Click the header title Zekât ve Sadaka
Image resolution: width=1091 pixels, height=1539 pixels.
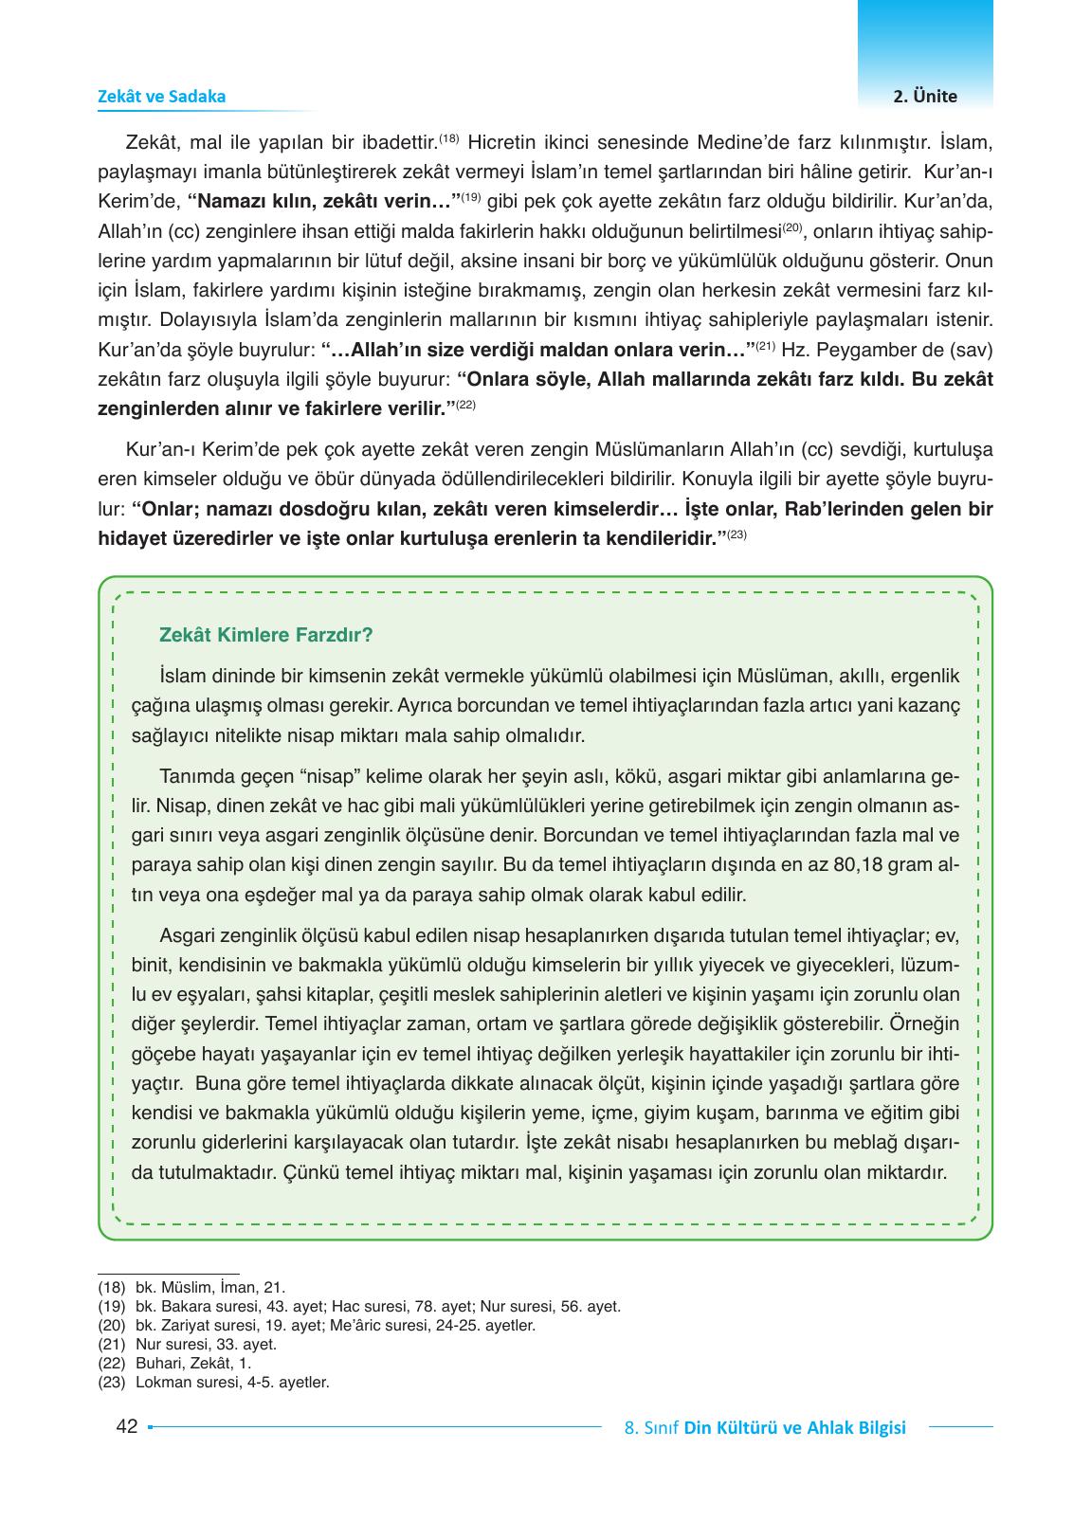tap(162, 97)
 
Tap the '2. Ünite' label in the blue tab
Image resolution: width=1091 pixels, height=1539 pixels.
tap(925, 97)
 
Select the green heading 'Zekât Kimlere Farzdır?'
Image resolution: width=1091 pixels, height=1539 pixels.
tap(266, 635)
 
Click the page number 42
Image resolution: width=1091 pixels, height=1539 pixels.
tap(126, 1426)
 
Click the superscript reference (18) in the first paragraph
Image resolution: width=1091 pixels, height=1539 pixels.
tap(448, 139)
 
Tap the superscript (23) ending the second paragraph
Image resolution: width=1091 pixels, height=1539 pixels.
tap(737, 534)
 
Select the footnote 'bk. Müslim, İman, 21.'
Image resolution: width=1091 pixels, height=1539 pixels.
tap(210, 1288)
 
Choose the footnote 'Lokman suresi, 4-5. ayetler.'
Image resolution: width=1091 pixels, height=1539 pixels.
tap(232, 1383)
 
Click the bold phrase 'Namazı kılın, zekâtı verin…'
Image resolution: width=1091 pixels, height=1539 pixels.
tap(324, 201)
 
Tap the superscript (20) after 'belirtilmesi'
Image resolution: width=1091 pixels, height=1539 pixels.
tap(793, 227)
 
